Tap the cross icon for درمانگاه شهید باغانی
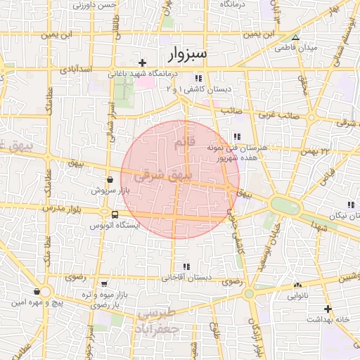pos(143,63)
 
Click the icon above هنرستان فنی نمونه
pos(237,136)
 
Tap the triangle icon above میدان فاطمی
pos(296,37)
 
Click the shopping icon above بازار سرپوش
pos(109,180)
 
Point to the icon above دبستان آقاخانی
pos(186,266)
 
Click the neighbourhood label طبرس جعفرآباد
pos(159,321)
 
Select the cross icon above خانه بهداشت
pos(326,308)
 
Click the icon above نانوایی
pos(298,285)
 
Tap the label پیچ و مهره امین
pos(27,303)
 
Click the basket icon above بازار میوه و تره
pos(105,283)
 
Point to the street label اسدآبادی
pos(72,70)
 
